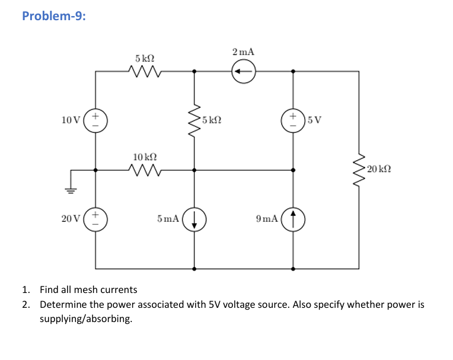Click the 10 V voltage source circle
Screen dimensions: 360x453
point(97,120)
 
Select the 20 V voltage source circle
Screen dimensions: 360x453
point(97,219)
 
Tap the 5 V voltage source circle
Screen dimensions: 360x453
point(293,120)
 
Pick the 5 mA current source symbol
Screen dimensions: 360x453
point(194,219)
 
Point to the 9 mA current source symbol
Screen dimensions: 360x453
point(293,219)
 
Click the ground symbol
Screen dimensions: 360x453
point(71,190)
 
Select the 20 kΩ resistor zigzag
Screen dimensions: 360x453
point(359,170)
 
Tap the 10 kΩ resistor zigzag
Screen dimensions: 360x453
point(145,170)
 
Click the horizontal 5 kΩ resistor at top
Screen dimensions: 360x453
point(145,72)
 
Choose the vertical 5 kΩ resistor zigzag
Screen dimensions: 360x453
point(194,120)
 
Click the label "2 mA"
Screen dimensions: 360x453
point(244,52)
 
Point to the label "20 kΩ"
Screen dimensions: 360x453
point(379,170)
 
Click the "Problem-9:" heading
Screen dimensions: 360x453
point(53,16)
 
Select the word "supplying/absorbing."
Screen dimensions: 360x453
point(85,319)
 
